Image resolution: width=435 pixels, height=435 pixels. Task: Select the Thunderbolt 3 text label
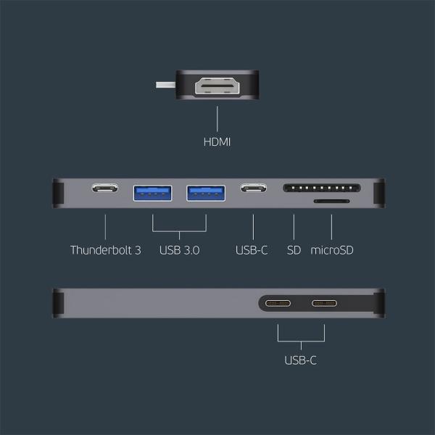click(105, 251)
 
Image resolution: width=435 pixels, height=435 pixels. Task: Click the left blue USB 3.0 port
click(152, 192)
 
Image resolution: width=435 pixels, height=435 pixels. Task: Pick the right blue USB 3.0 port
click(206, 192)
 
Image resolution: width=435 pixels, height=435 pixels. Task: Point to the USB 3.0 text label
click(179, 251)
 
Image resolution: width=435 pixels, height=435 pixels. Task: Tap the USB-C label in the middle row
click(252, 251)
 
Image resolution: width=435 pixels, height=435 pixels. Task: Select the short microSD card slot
click(331, 201)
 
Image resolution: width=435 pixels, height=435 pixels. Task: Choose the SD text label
click(294, 251)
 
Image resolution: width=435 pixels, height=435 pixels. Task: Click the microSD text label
click(331, 251)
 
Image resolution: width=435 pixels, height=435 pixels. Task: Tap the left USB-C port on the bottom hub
click(278, 303)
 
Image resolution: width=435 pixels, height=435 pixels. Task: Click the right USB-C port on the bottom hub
click(324, 303)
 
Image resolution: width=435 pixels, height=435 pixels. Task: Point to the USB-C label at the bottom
click(300, 360)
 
